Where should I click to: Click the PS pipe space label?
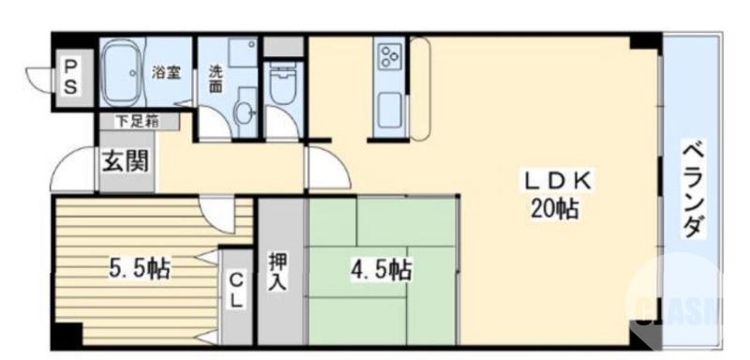71,75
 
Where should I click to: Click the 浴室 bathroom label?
167,72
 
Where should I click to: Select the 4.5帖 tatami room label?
381,270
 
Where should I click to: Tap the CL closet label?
236,290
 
